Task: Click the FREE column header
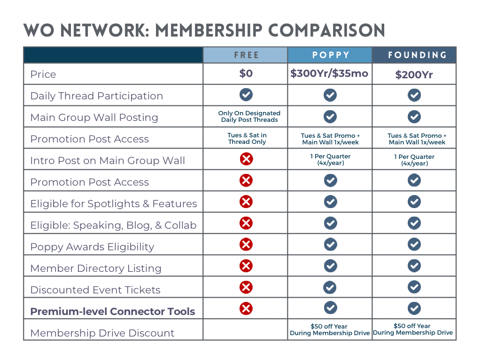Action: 246,55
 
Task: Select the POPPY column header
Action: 331,55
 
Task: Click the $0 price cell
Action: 246,74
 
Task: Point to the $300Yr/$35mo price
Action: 329,74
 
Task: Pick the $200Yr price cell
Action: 414,75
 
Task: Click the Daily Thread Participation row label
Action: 96,96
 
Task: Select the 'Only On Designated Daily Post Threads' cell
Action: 249,116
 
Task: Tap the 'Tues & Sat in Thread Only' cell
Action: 247,138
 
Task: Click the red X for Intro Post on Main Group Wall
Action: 246,159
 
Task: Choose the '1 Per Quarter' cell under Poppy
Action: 331,160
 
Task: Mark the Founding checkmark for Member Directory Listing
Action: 414,266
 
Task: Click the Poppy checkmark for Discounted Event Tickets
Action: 331,287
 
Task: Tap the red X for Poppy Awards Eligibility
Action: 246,244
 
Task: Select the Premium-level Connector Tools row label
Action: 112,311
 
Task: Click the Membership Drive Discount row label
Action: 102,333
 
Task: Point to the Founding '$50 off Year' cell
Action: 413,329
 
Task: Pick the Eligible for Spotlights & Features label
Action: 113,203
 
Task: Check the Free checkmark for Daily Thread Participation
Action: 246,95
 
